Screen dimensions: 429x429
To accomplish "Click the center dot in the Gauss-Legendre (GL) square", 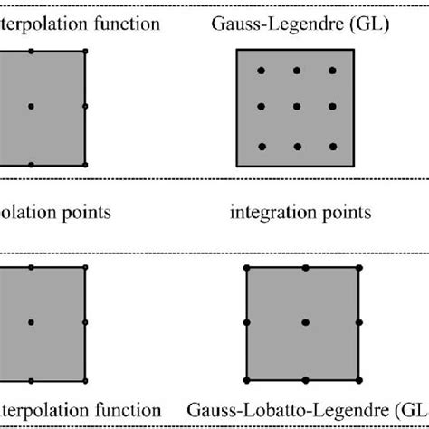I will coord(296,107).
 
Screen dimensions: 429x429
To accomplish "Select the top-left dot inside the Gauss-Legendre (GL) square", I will coord(261,70).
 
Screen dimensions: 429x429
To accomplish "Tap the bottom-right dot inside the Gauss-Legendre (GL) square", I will coord(331,146).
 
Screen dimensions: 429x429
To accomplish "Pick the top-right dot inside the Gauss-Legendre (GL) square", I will coord(331,70).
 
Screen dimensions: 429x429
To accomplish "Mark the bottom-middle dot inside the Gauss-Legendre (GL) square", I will coord(296,146).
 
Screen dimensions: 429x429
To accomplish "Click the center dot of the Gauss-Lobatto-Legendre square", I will coord(305,321).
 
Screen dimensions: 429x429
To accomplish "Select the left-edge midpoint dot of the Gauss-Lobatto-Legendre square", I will coord(247,321).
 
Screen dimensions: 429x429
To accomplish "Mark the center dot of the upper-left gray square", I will coord(31,107).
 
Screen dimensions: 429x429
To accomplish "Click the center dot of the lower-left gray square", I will coord(31,321).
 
